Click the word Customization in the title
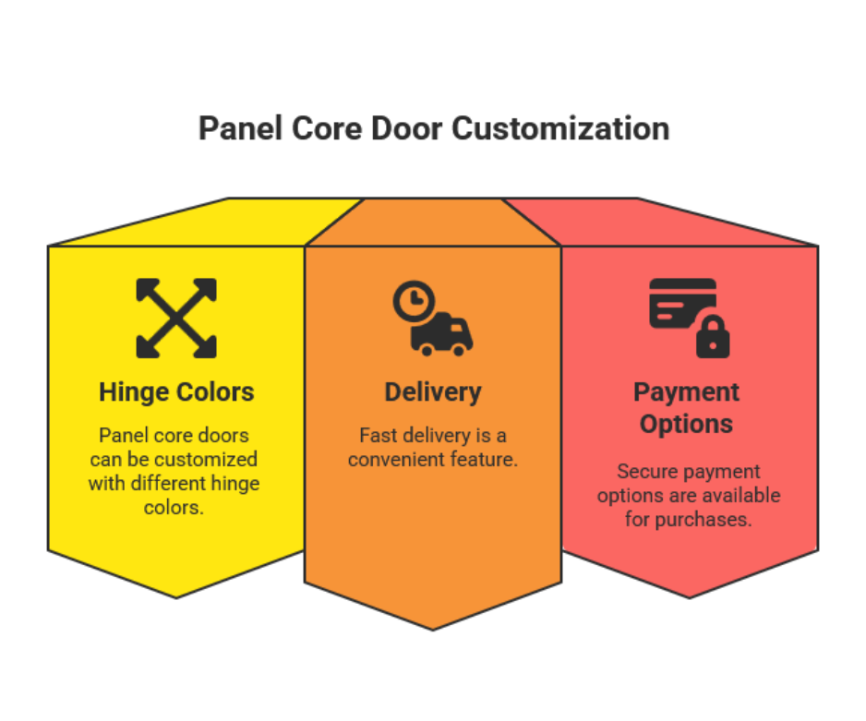[x=560, y=129]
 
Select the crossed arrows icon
[x=176, y=318]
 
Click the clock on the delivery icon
[x=415, y=302]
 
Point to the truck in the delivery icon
[x=442, y=334]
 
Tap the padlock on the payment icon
[x=713, y=336]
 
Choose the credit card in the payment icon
[x=682, y=304]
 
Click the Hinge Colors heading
[x=176, y=392]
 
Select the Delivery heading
[x=433, y=392]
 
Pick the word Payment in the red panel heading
[x=686, y=392]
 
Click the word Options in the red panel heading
[x=686, y=424]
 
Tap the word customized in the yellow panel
[x=206, y=460]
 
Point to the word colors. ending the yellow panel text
[x=174, y=508]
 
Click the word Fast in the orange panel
[x=378, y=436]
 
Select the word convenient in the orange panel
[x=397, y=460]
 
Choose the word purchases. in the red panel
[x=704, y=520]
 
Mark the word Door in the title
[x=407, y=129]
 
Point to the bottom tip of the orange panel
[x=433, y=630]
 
